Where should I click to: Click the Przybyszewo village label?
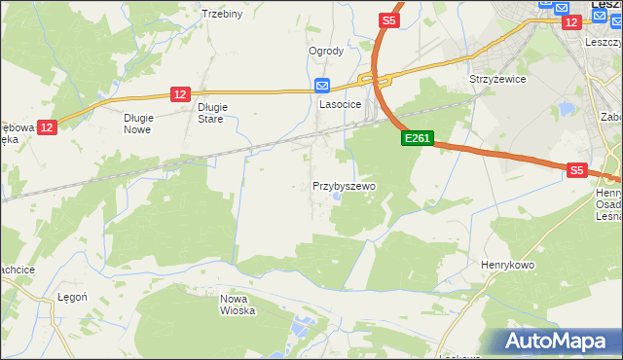(x=344, y=186)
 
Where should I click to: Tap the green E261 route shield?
(x=417, y=139)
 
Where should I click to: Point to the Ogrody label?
(x=326, y=52)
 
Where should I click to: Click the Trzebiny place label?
(x=221, y=14)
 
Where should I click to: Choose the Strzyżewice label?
(x=497, y=79)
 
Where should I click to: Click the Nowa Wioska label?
(x=238, y=305)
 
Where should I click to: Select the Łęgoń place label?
(x=73, y=298)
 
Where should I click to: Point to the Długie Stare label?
(x=211, y=113)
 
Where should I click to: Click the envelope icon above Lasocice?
(x=323, y=84)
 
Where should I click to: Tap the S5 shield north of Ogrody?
(x=389, y=19)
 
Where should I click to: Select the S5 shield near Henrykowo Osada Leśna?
(x=577, y=170)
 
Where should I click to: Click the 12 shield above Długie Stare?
(x=179, y=93)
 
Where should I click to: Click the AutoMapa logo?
(x=557, y=342)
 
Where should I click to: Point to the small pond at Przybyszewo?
(x=336, y=198)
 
